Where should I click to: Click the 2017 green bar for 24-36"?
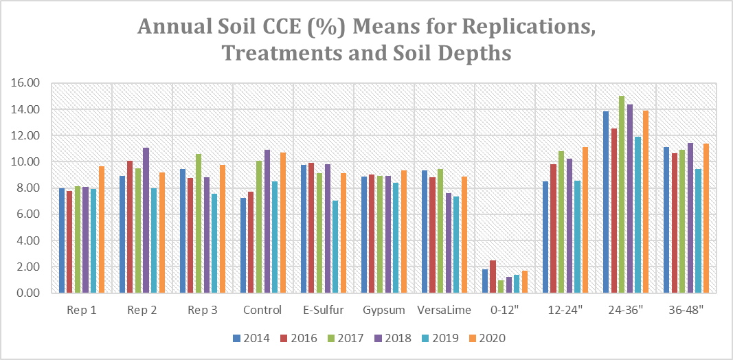[622, 194]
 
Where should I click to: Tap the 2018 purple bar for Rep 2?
[146, 221]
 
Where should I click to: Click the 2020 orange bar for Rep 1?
[102, 229]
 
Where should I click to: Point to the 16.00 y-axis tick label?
[27, 83]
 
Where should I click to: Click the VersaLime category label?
[444, 311]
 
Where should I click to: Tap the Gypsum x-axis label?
[383, 311]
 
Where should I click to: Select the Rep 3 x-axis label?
[203, 311]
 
